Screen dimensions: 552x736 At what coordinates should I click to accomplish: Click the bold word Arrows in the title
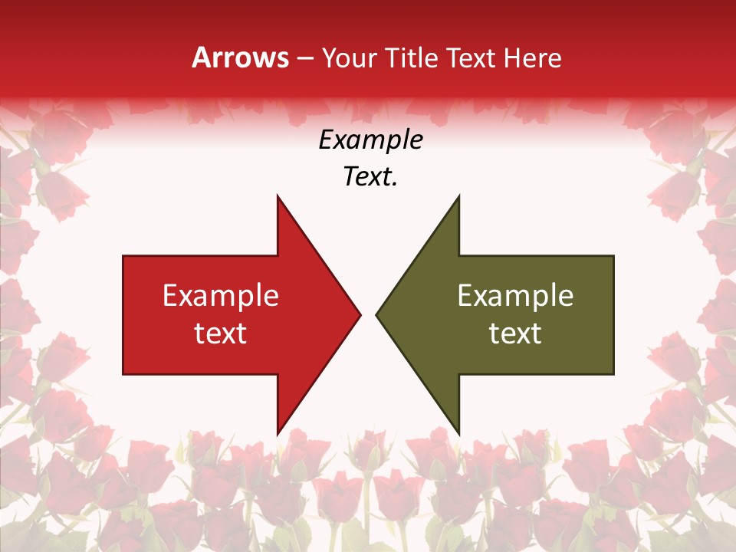click(240, 58)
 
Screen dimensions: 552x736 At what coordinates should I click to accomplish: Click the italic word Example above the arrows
click(370, 140)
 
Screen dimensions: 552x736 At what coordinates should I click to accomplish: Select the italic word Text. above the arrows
click(370, 177)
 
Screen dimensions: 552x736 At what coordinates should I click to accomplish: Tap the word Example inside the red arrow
click(221, 295)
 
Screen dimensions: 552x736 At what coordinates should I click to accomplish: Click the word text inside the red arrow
click(221, 333)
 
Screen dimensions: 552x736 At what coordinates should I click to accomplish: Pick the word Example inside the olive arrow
click(515, 295)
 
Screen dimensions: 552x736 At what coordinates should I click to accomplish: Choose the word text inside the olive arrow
click(515, 333)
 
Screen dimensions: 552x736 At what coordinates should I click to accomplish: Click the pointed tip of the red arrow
click(360, 314)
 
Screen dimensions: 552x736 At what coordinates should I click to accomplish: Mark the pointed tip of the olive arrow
click(376, 314)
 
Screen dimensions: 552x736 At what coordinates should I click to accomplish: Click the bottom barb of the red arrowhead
click(278, 433)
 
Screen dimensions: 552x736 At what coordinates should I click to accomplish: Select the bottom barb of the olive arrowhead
click(458, 433)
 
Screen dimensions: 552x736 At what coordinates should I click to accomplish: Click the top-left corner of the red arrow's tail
click(123, 256)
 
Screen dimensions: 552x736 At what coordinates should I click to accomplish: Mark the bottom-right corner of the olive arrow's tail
click(613, 374)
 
